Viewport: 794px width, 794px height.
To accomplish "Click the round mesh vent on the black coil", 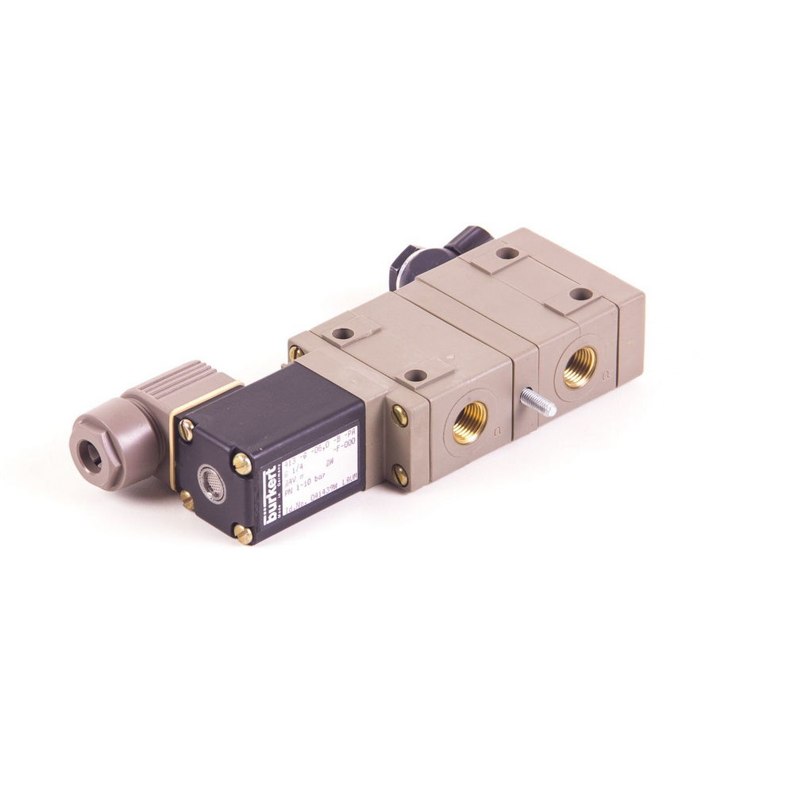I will coord(211,482).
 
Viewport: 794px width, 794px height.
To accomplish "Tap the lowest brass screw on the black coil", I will coord(244,535).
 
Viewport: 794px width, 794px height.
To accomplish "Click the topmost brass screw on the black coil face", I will coord(186,430).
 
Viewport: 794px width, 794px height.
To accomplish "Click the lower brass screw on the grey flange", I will coord(399,476).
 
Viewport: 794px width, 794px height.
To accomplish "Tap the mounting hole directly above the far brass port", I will coord(580,295).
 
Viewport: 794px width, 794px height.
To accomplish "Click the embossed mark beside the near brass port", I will coord(497,432).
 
